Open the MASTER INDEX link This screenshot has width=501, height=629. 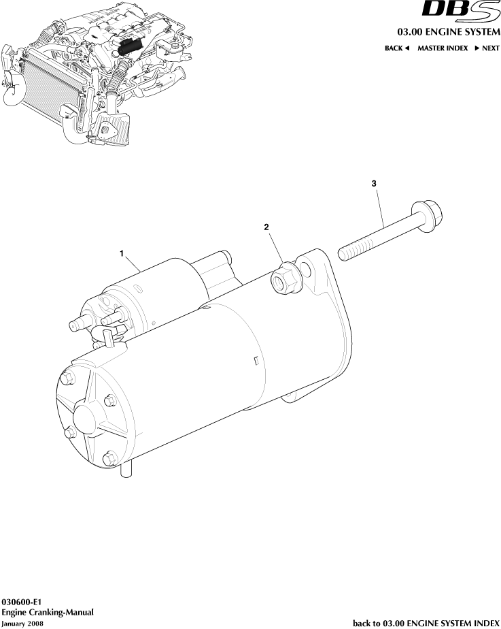pos(443,48)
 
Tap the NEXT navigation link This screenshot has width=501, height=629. pos(487,48)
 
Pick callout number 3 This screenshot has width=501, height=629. pos(374,184)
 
